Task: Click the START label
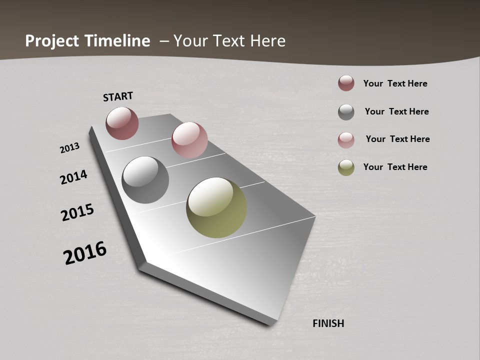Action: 118,96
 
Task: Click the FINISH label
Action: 328,323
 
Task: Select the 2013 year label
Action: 69,148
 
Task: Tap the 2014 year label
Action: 73,177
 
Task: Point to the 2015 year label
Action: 77,212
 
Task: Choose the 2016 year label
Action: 85,253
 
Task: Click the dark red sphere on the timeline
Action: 122,123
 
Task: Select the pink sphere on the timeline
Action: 189,140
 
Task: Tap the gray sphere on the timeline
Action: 145,180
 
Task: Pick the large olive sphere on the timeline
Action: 216,207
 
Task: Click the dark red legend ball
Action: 346,83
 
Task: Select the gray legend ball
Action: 346,112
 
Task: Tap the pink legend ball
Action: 346,140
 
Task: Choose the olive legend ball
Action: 346,167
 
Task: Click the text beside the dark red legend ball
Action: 395,83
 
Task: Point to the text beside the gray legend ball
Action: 396,111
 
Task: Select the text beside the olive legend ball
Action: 395,167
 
